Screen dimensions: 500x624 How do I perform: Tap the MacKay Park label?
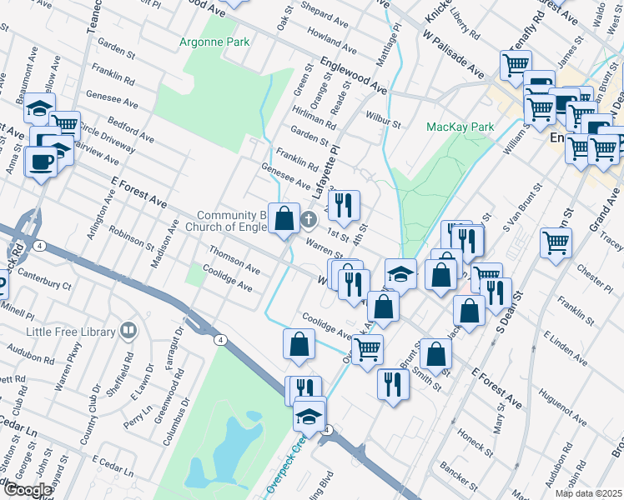click(x=460, y=127)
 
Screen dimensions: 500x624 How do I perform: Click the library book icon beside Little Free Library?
click(x=128, y=331)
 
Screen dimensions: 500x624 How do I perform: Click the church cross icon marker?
click(x=309, y=221)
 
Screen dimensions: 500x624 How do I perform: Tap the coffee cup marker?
click(x=41, y=162)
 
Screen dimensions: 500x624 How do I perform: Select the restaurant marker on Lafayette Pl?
click(x=344, y=205)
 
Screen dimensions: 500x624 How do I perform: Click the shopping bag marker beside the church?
click(x=284, y=218)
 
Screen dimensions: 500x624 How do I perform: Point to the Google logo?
click(x=27, y=490)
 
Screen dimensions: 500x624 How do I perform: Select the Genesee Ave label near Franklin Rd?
click(x=286, y=177)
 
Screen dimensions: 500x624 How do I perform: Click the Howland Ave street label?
click(x=332, y=38)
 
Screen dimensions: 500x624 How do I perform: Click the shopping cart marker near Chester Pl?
click(x=556, y=243)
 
